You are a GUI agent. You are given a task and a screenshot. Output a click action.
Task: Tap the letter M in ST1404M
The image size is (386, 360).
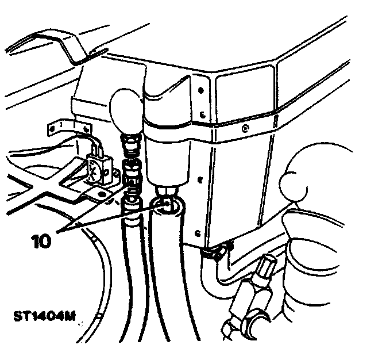[72, 317]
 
